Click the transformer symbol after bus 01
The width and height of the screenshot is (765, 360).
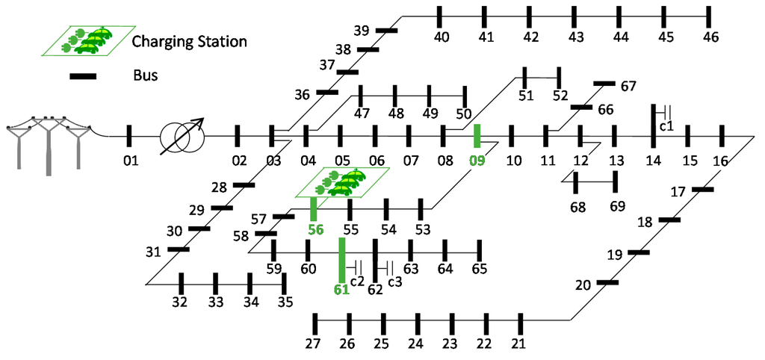click(x=180, y=136)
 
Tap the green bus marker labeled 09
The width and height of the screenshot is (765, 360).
click(x=477, y=136)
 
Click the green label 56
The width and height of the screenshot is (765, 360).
click(x=315, y=230)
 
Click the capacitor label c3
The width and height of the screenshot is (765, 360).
click(x=394, y=282)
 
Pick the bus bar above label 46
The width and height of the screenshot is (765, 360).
click(x=710, y=16)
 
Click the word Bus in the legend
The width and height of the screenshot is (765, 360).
click(x=145, y=75)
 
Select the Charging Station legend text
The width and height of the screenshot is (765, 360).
click(x=189, y=42)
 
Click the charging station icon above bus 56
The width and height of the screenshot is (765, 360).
click(x=342, y=182)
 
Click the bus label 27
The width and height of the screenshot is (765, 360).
click(x=313, y=344)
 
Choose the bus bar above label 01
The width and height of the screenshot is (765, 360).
click(x=129, y=136)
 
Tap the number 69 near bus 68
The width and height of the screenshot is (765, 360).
click(x=618, y=205)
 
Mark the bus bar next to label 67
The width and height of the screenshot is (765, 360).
click(x=604, y=84)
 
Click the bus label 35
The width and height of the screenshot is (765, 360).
click(x=285, y=302)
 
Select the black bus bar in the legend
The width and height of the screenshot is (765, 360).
click(x=83, y=75)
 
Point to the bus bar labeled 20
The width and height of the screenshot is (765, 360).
click(x=607, y=282)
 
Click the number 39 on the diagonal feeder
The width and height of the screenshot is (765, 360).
click(x=362, y=31)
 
